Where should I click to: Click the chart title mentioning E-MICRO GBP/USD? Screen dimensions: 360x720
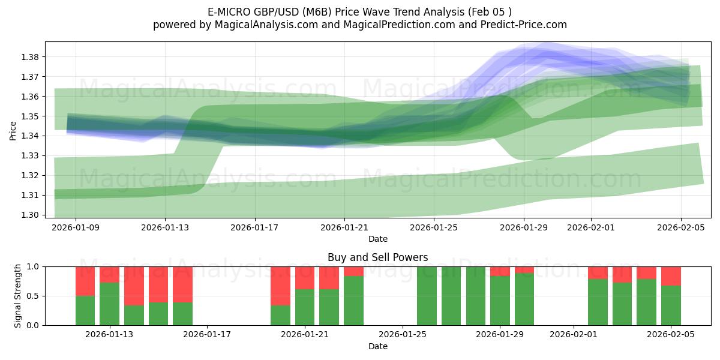(x=360, y=11)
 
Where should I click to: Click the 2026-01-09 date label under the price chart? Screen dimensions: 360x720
(x=76, y=227)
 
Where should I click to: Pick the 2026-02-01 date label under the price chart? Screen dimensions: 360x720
(x=591, y=227)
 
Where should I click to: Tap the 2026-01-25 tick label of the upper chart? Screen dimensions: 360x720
(x=434, y=227)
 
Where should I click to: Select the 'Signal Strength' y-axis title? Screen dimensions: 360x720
(x=18, y=296)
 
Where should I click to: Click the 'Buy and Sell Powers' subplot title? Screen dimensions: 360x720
(x=378, y=257)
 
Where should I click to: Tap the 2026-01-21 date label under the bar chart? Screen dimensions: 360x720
(x=305, y=335)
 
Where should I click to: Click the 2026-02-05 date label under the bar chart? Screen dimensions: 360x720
(x=671, y=335)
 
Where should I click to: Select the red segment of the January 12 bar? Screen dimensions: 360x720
(x=85, y=281)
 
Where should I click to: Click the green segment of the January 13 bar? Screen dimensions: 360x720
(x=110, y=304)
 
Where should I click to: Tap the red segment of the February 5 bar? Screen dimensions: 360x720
(x=671, y=275)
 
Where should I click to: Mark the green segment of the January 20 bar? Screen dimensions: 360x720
(x=280, y=315)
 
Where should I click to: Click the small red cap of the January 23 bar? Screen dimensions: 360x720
(x=353, y=271)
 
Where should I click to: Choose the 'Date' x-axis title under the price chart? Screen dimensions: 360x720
(x=378, y=239)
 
